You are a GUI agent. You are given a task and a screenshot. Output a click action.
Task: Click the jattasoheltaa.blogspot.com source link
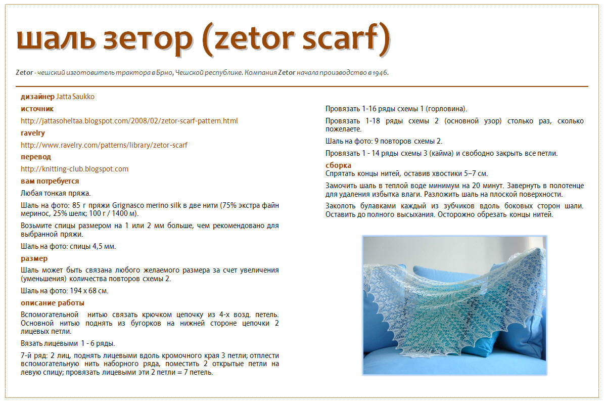[x=129, y=121]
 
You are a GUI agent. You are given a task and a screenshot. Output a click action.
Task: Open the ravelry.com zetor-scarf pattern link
[x=104, y=145]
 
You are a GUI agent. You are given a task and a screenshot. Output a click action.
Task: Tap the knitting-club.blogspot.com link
[x=74, y=169]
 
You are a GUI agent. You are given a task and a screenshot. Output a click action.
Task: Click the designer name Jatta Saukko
[x=75, y=97]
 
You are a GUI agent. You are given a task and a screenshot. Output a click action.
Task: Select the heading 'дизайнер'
[x=38, y=97]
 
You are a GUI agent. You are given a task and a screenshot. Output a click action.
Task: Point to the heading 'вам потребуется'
[x=50, y=181]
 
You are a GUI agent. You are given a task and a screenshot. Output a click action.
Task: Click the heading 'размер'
[x=34, y=258]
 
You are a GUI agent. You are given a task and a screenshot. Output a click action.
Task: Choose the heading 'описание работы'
[x=53, y=303]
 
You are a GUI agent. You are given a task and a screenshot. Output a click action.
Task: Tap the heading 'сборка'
[x=338, y=165]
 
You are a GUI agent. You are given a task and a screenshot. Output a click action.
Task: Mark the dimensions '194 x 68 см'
[x=89, y=291]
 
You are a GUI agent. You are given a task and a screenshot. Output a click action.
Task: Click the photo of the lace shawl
[x=454, y=305]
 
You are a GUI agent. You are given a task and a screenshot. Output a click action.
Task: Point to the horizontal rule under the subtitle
[x=302, y=86]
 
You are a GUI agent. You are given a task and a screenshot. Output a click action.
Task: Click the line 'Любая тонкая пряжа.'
[x=56, y=194]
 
